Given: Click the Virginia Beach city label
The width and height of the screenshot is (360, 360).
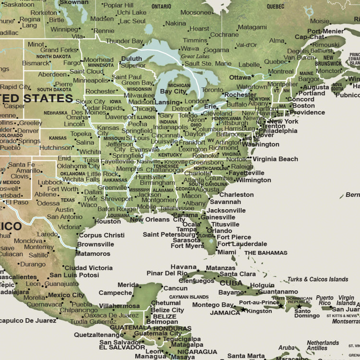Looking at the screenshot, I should click(x=275, y=159).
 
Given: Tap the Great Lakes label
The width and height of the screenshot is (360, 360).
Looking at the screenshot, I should click(x=195, y=57).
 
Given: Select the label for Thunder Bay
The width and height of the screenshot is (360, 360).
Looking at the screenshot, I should click(x=124, y=41).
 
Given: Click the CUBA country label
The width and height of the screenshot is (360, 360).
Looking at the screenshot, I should click(x=231, y=283).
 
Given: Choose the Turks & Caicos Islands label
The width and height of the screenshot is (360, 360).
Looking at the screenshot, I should click(x=318, y=279).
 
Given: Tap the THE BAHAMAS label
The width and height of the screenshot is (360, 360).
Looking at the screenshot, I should click(x=266, y=252).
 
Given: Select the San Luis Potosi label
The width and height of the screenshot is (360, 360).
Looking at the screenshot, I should click(x=74, y=275).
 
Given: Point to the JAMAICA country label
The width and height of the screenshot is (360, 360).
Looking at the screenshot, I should click(x=225, y=312).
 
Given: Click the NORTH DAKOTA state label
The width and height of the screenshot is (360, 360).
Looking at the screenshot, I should click(x=54, y=57).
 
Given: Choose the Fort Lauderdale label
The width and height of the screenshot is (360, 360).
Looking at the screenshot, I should click(x=242, y=244).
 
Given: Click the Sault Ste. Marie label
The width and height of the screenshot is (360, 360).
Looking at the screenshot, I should click(x=208, y=63).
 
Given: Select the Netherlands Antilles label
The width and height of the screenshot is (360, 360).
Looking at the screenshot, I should click(x=323, y=346).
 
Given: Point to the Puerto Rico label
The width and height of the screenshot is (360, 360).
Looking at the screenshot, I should click(x=324, y=300).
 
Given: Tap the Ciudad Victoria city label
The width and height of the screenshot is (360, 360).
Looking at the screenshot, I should click(x=88, y=267).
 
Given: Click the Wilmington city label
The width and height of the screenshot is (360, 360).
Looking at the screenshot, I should click(x=253, y=180).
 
